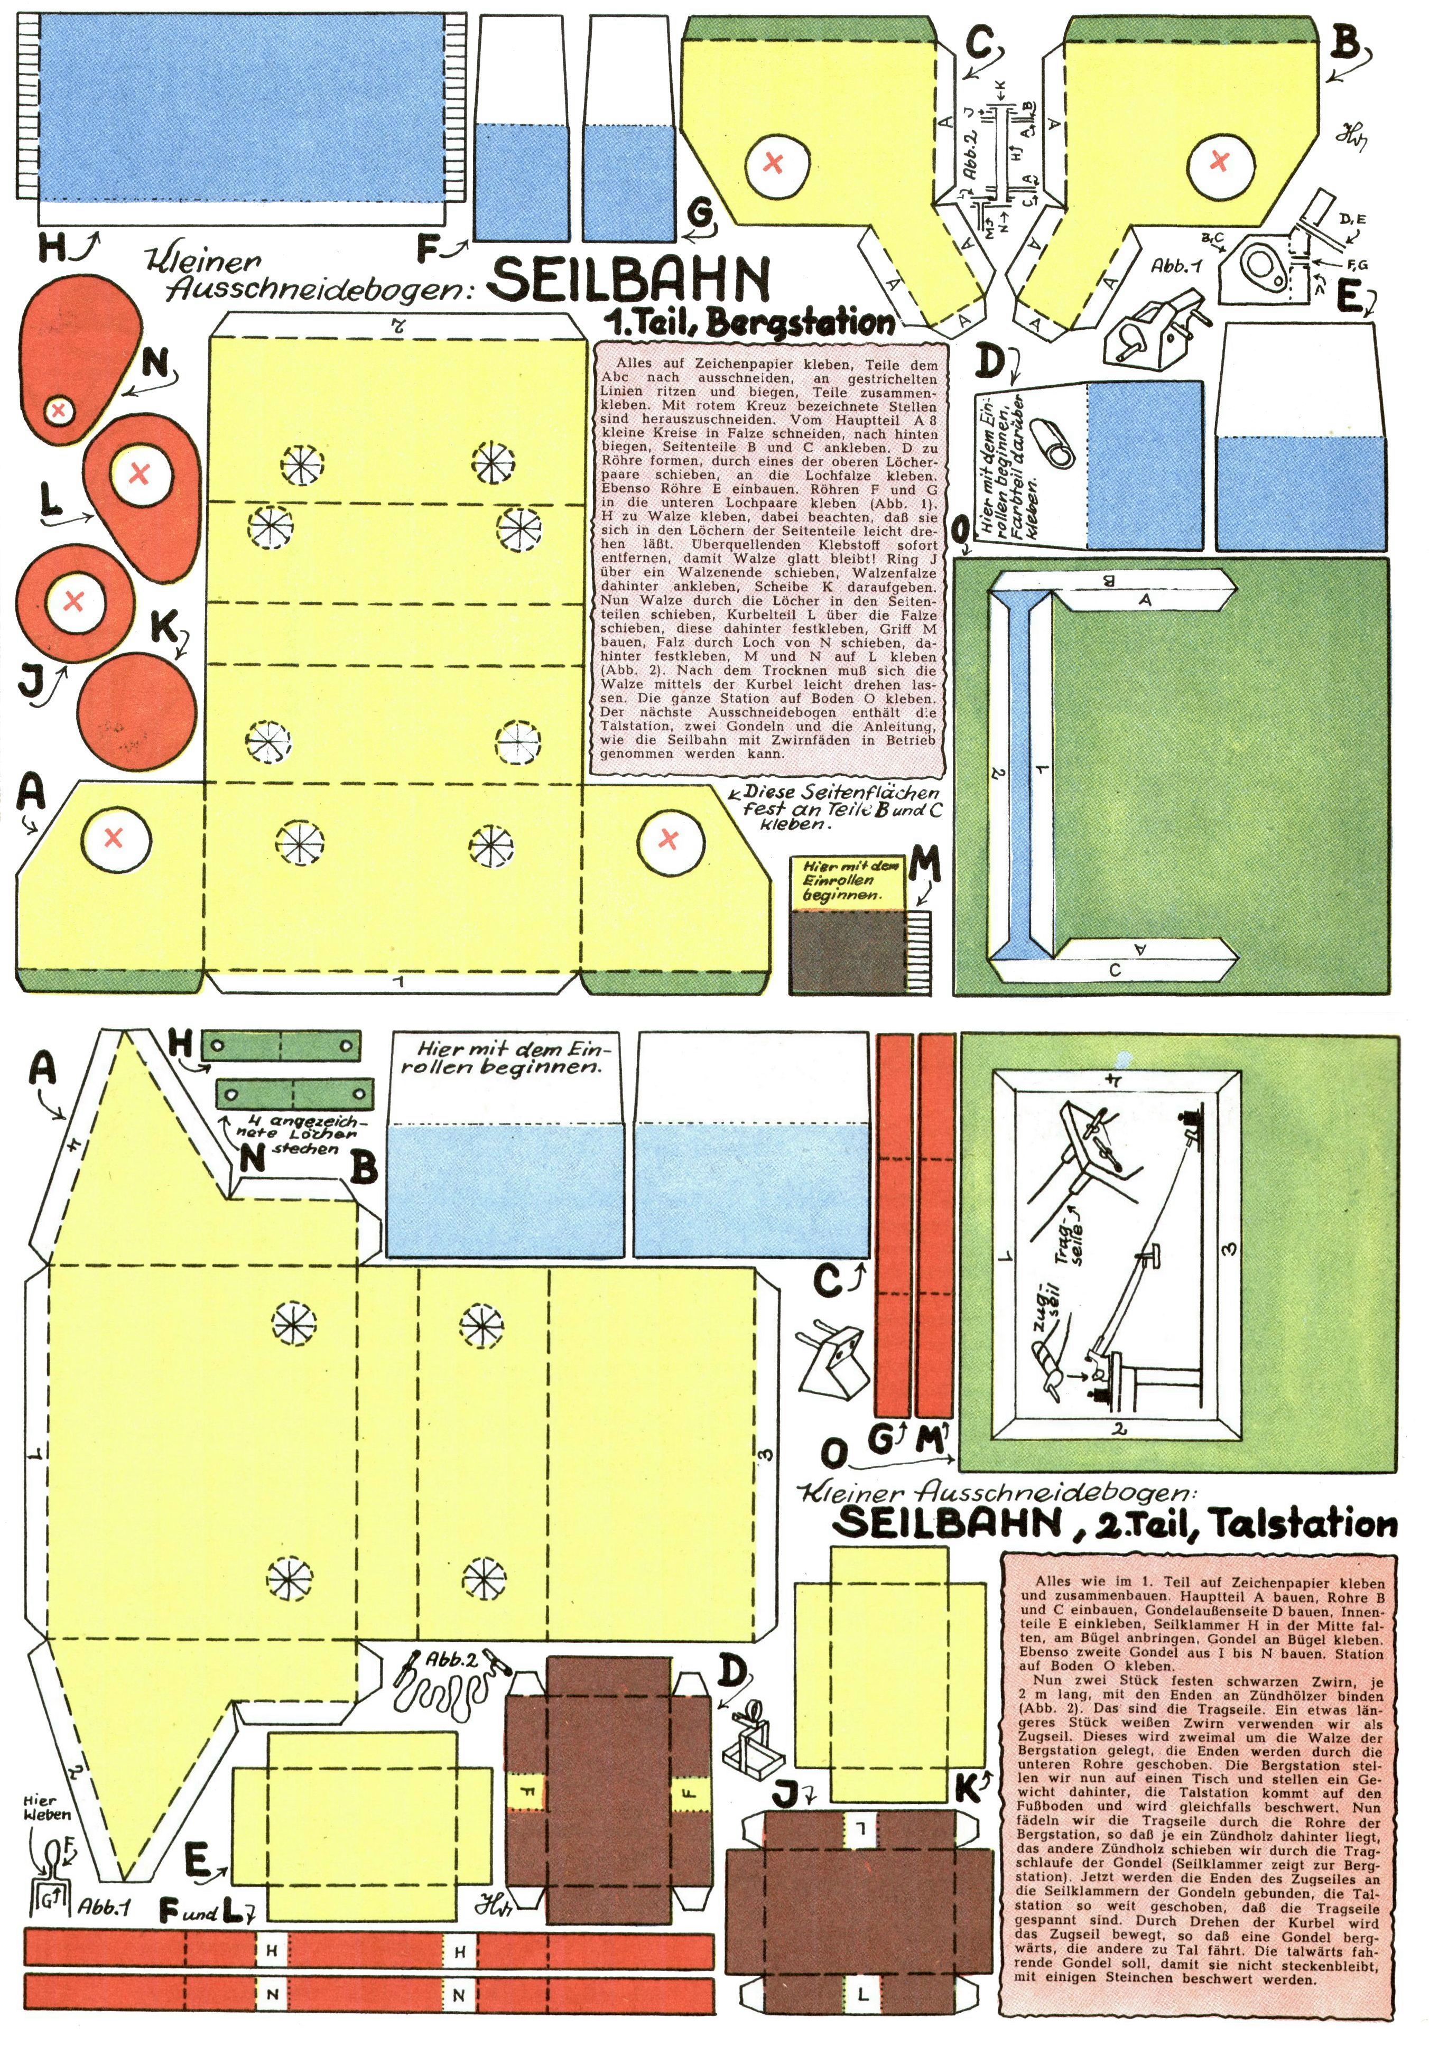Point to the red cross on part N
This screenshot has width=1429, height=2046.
coord(59,410)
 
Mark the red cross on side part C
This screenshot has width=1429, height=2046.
coord(776,163)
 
